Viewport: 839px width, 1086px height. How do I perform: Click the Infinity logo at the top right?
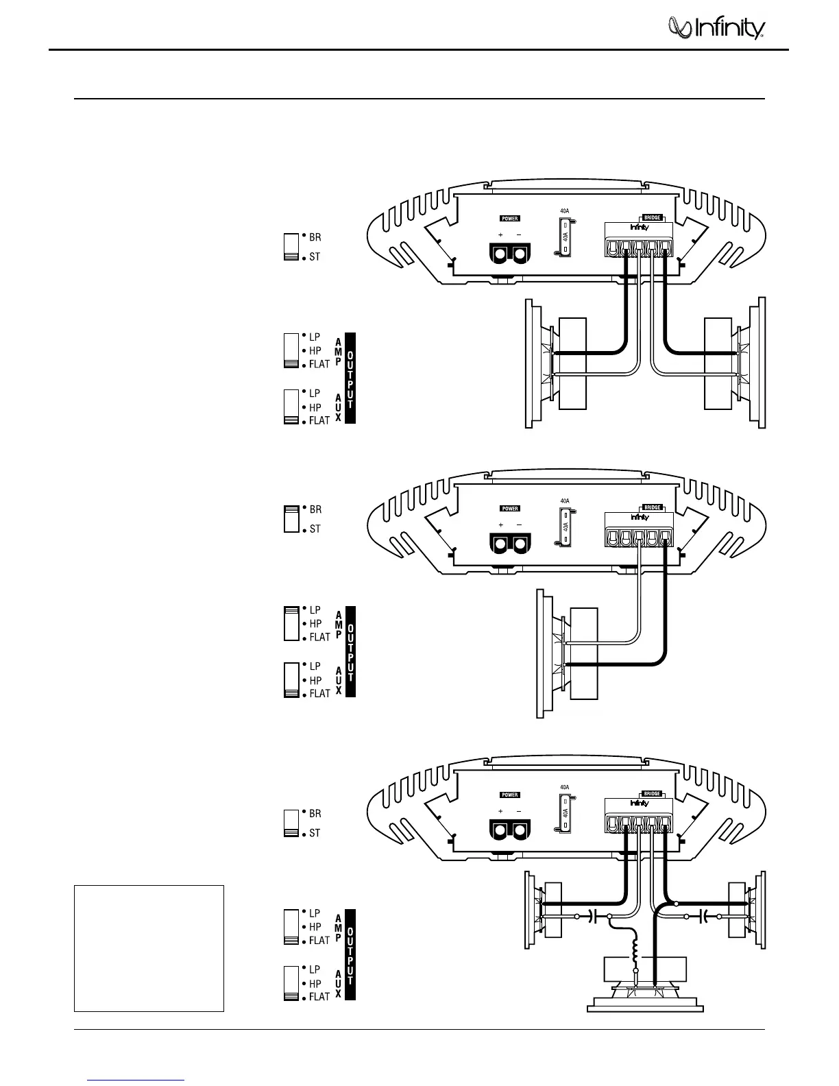[x=717, y=29]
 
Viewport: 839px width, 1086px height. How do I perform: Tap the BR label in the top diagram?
[x=315, y=237]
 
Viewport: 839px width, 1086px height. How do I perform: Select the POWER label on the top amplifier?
[x=510, y=219]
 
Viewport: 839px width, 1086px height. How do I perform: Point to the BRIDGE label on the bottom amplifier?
[x=652, y=794]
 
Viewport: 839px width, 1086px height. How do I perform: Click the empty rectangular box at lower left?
[x=149, y=948]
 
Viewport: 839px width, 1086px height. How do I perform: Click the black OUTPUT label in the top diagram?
[x=350, y=378]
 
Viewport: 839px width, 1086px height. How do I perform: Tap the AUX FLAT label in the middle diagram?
[x=319, y=693]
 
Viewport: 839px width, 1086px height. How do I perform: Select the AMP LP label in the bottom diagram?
[x=315, y=913]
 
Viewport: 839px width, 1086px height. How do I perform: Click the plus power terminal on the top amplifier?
[x=500, y=254]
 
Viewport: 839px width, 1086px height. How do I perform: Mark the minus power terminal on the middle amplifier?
[x=520, y=544]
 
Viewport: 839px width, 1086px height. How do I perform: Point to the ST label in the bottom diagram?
[x=315, y=833]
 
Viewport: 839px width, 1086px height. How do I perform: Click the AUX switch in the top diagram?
[x=291, y=407]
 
